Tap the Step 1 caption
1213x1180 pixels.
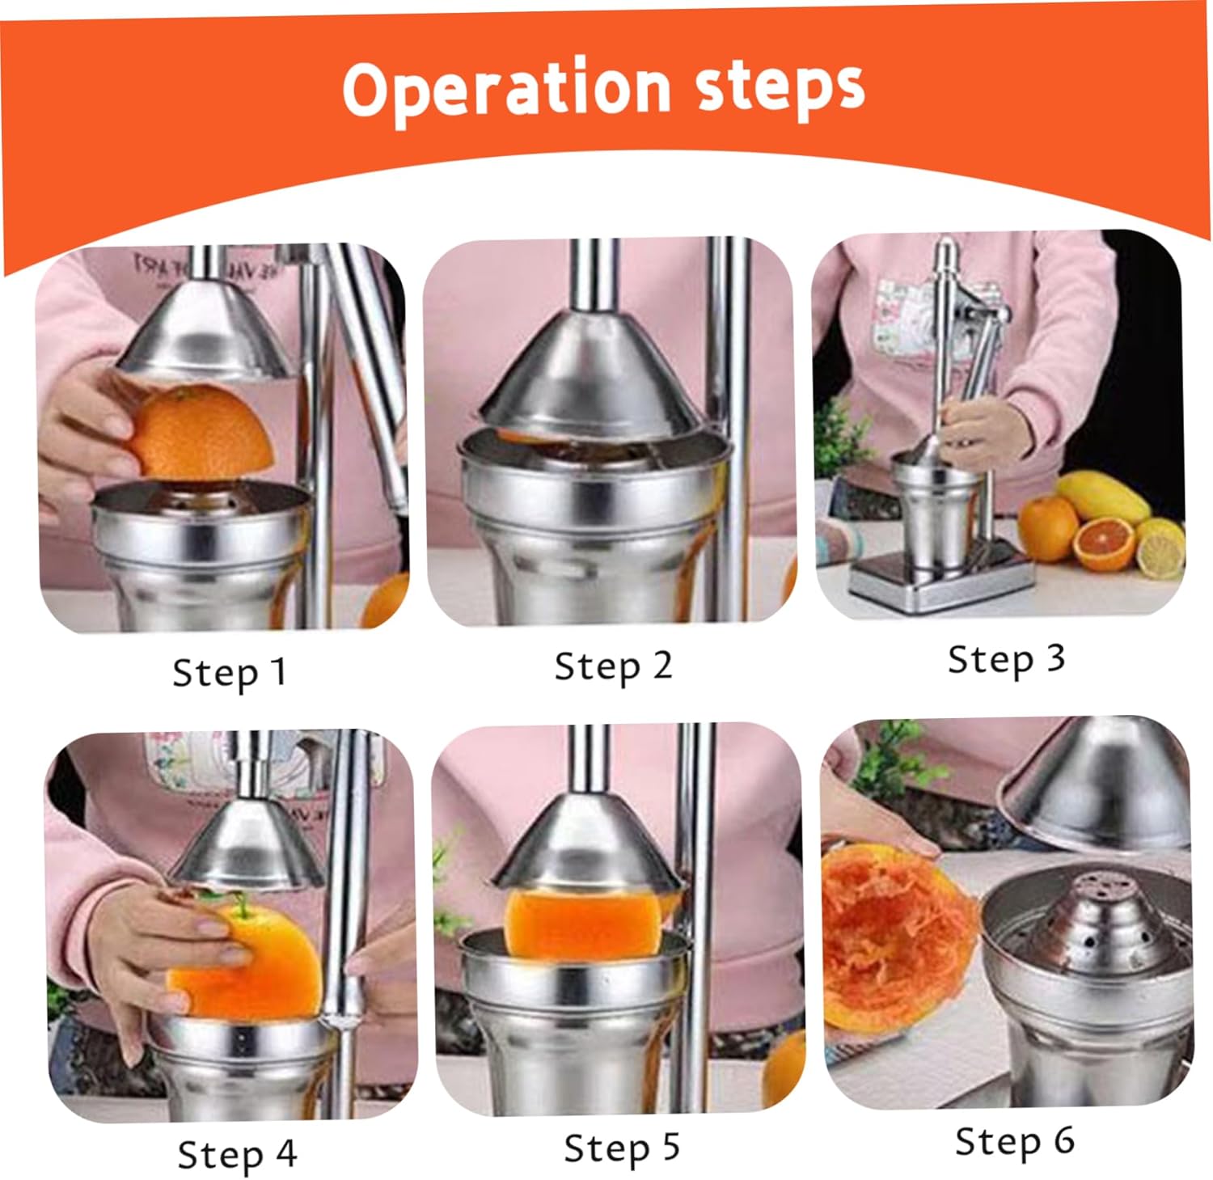click(x=230, y=673)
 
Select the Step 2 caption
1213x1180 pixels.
click(x=613, y=667)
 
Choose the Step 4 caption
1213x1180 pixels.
click(x=237, y=1154)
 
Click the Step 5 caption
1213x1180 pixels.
click(x=621, y=1148)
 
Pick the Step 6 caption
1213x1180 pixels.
click(x=1014, y=1141)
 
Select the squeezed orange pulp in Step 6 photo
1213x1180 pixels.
click(x=894, y=938)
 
